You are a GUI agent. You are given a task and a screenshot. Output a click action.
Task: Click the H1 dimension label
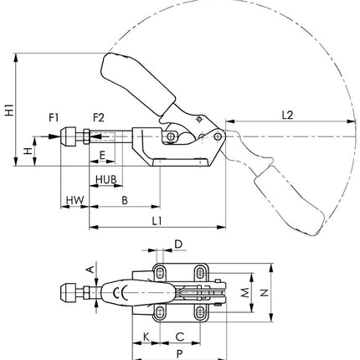click(8, 109)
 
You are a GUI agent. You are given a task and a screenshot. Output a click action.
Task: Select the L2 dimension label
click(286, 112)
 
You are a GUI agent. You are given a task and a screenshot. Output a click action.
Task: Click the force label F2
click(99, 116)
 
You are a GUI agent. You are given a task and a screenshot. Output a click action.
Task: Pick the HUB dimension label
click(105, 180)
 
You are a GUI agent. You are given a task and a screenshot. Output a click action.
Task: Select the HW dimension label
click(75, 200)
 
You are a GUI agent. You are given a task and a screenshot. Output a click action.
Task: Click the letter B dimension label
click(124, 199)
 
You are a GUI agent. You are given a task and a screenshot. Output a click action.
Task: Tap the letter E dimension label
click(102, 156)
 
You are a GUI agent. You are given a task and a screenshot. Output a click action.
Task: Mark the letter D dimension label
click(178, 244)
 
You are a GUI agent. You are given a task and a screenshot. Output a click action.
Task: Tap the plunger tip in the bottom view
click(64, 293)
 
